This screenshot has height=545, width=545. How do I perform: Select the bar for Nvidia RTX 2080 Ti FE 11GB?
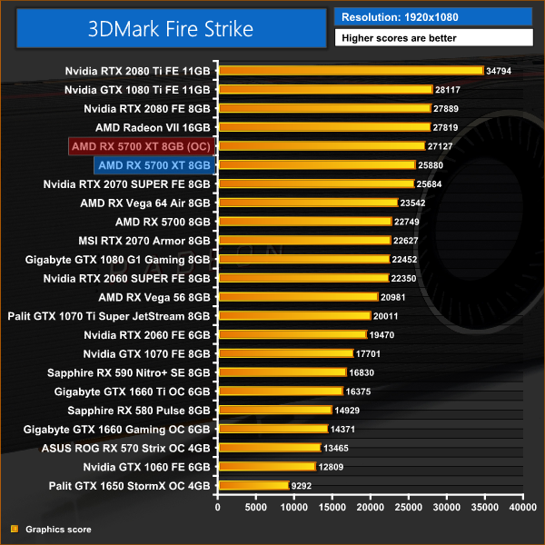(x=350, y=70)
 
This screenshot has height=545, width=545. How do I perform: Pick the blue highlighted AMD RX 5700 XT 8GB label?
(x=154, y=165)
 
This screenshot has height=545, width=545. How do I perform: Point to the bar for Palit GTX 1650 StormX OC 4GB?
(x=253, y=486)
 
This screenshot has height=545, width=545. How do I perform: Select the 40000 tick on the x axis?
(x=522, y=509)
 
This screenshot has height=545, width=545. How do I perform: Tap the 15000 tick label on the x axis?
(x=332, y=509)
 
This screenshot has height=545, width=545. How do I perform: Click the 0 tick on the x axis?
(x=217, y=509)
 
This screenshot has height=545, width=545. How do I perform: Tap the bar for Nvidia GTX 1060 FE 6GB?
(x=266, y=467)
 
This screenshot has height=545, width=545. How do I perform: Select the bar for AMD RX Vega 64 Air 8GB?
(x=307, y=203)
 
